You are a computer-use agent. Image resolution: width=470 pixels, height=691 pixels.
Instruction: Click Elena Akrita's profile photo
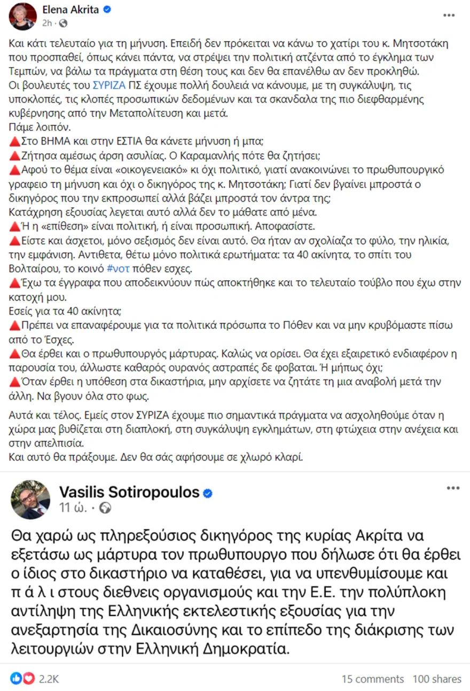click(22, 16)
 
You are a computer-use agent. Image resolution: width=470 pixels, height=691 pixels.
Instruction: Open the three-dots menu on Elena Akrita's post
click(449, 15)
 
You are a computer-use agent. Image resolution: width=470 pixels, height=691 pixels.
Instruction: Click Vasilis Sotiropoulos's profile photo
click(30, 499)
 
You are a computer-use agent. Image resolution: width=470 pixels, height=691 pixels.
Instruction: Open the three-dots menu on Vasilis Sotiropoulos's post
click(453, 488)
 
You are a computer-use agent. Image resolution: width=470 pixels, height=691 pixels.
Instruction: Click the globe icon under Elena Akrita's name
click(63, 23)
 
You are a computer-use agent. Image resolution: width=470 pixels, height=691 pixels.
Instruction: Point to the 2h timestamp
click(47, 23)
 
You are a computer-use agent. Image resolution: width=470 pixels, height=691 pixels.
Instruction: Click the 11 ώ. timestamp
click(72, 508)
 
